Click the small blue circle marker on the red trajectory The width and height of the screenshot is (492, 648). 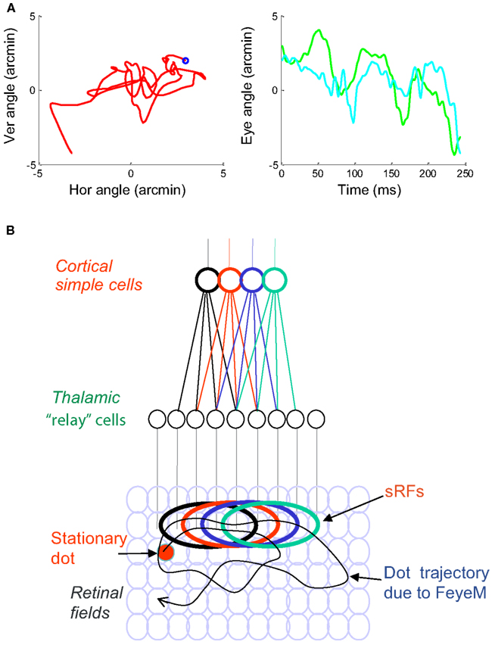[x=186, y=61]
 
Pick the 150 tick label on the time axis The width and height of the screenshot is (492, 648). [x=391, y=175]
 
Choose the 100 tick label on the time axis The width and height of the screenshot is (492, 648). [x=354, y=175]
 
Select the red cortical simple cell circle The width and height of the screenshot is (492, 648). [x=229, y=281]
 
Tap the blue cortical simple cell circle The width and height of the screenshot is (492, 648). [x=252, y=281]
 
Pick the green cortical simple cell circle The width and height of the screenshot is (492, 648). [x=275, y=281]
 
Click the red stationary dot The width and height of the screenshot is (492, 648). [x=167, y=553]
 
